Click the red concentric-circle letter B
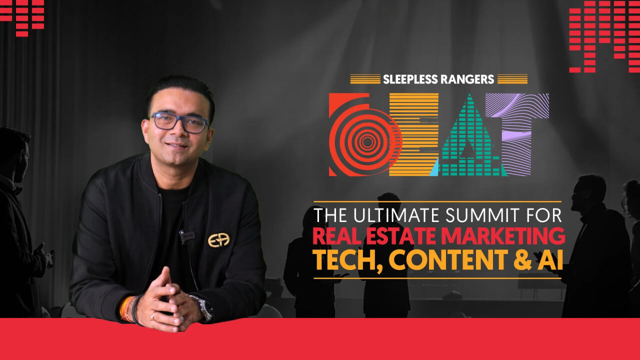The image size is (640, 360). (363, 134)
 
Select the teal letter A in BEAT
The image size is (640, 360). (468, 134)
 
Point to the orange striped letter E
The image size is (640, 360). (414, 134)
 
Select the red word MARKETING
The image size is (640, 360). (503, 236)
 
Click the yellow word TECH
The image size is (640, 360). (347, 261)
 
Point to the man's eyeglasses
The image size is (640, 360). (179, 122)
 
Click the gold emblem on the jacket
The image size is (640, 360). (219, 240)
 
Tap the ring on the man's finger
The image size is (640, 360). (153, 315)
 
